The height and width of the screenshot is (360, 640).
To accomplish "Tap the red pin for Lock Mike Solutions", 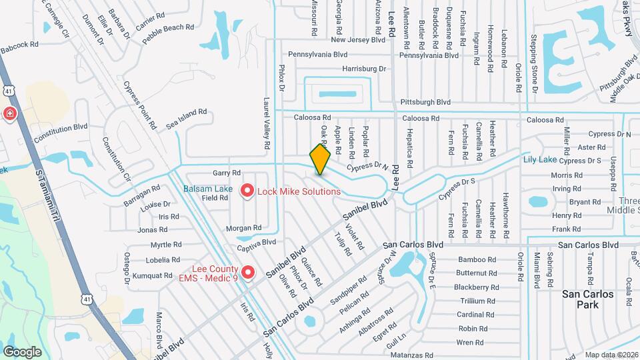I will click(247, 192).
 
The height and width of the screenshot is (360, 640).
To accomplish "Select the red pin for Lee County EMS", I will click(248, 273).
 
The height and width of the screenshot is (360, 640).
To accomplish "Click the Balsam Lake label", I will click(208, 189).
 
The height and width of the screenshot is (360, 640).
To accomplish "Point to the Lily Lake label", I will click(539, 160).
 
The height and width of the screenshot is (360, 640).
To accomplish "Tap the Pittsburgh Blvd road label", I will click(425, 103).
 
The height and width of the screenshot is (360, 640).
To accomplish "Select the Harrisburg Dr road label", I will click(364, 69).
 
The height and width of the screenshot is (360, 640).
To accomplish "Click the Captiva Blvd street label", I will click(257, 245).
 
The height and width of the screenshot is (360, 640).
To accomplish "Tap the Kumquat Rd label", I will click(153, 275).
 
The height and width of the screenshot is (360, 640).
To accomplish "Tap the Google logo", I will click(22, 351).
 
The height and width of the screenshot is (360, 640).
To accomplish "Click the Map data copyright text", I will click(611, 355).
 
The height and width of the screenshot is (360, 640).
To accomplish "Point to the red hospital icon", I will click(10, 114).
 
